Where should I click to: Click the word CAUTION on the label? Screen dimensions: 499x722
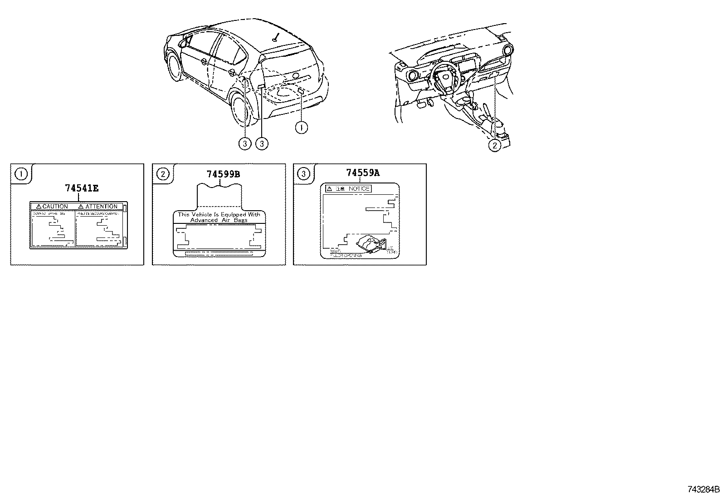pos(55,207)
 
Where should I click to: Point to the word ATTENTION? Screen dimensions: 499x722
pos(101,207)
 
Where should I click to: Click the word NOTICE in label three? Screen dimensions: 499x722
pos(359,189)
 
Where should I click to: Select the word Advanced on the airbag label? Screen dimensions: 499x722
pos(204,220)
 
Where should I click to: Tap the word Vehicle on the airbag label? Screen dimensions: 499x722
pos(202,214)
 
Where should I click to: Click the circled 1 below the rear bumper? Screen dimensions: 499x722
pos(301,128)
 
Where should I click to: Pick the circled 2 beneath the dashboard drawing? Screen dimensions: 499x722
pos(494,145)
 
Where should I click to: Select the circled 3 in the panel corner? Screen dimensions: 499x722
pos(303,173)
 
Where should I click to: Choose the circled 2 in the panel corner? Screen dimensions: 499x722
pos(162,173)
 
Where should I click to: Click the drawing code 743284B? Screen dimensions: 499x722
pos(703,490)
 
